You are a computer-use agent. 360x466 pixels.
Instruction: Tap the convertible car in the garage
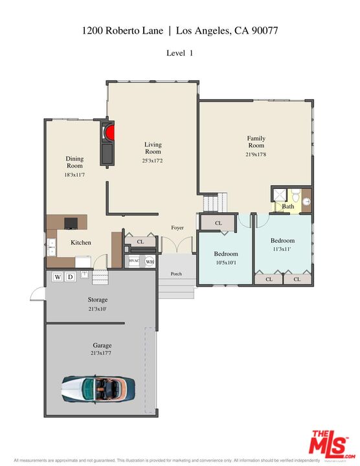click(x=98, y=388)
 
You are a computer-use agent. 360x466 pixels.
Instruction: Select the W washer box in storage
click(x=58, y=277)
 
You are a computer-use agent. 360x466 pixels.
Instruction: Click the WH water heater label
click(x=150, y=261)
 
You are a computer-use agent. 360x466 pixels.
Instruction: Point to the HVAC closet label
click(x=134, y=261)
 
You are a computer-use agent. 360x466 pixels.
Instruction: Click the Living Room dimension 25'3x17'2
click(x=153, y=161)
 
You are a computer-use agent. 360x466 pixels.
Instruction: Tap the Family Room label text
click(x=256, y=142)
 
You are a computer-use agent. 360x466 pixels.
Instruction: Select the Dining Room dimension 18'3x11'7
click(x=74, y=175)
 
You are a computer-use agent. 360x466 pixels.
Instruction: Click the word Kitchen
click(x=81, y=243)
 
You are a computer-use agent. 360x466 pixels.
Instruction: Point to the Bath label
click(x=287, y=207)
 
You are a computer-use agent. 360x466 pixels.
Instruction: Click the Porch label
click(x=176, y=273)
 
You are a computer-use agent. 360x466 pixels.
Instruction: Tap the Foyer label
click(x=177, y=228)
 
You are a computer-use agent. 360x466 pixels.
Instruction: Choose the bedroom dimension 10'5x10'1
click(x=226, y=263)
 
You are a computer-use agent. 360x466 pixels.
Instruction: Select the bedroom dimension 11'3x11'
click(x=282, y=249)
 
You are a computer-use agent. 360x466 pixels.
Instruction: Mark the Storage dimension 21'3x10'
click(x=97, y=309)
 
